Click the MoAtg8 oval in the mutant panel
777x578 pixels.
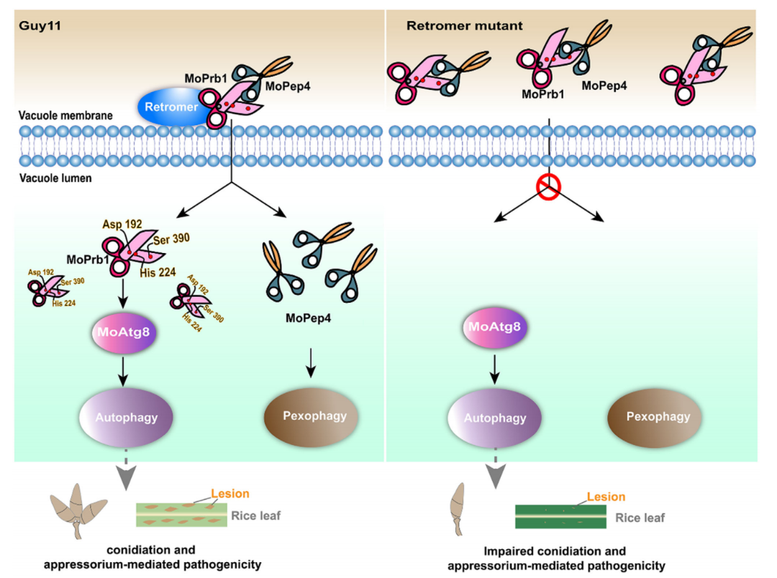click(495, 328)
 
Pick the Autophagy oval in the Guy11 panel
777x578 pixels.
click(126, 417)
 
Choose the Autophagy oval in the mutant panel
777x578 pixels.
click(494, 418)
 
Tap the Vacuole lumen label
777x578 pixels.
click(55, 178)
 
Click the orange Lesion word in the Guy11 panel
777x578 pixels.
click(230, 494)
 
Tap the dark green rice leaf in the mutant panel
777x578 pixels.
click(560, 517)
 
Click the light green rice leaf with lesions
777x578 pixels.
click(181, 515)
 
